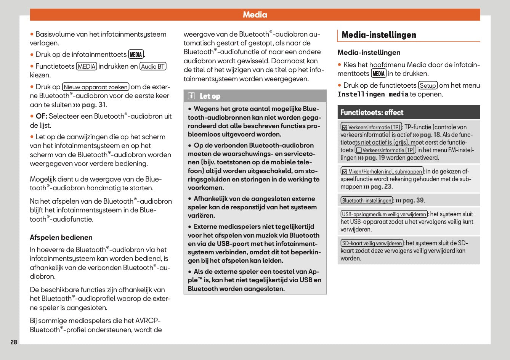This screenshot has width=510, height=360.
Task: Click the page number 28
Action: point(14,342)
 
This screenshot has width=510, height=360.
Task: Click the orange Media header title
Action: point(255,15)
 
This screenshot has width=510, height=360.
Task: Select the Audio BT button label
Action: point(153,66)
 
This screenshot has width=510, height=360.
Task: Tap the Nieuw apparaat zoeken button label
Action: point(96,87)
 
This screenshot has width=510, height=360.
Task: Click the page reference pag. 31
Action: point(94,105)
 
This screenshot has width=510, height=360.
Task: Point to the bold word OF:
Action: point(41,116)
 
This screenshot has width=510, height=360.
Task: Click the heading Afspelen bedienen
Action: point(61,238)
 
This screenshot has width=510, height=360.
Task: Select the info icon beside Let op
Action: point(192,96)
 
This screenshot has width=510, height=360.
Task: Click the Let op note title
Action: point(210,96)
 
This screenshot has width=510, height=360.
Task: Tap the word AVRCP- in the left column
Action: point(148,321)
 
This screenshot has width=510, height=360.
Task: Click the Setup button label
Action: point(428,85)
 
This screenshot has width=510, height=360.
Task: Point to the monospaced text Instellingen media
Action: point(373,94)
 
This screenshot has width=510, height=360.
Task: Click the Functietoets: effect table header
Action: point(372,112)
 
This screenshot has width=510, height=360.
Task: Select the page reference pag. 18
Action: point(430,135)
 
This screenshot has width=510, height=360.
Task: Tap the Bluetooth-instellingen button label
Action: point(367,201)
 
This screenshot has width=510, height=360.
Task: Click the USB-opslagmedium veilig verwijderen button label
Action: point(384,214)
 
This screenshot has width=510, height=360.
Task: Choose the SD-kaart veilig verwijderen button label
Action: point(372,243)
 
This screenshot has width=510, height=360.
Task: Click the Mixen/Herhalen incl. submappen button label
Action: point(382,172)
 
